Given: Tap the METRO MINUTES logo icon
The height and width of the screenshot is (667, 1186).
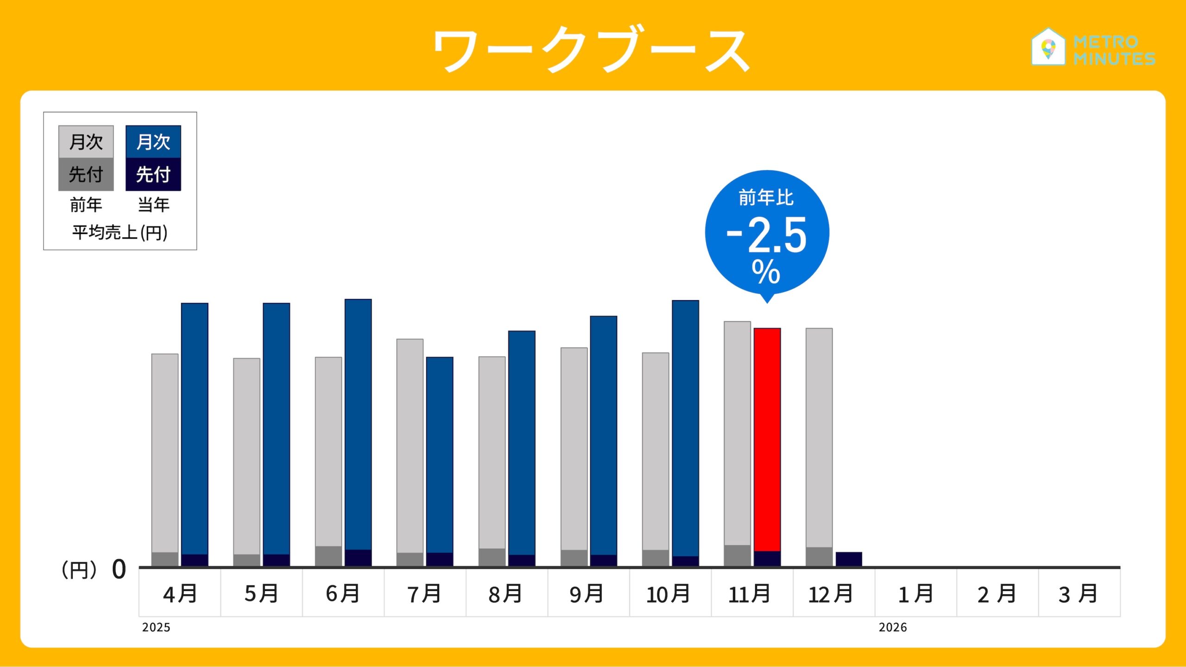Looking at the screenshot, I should coord(1048,47).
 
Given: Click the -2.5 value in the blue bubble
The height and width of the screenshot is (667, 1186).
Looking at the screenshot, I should coord(767,235).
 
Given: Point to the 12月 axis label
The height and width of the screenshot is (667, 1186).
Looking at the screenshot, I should coord(831,594).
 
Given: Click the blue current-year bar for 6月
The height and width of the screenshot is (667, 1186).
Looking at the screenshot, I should coord(358,424).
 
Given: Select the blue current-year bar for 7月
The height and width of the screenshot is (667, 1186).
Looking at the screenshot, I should coord(440,454).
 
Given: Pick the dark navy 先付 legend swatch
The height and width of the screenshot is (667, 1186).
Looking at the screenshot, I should coord(153,175).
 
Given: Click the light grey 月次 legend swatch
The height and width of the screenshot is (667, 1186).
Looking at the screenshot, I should coord(86,142).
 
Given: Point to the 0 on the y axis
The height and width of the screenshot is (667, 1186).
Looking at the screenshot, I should coord(119,569).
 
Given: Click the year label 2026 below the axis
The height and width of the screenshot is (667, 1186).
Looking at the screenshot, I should coord(893,627).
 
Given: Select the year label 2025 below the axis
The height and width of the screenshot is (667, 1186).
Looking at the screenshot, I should coord(156,627).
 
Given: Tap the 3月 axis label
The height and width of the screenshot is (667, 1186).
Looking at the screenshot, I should coord(1079,594).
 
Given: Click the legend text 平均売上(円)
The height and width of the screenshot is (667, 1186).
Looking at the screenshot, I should coord(120,232).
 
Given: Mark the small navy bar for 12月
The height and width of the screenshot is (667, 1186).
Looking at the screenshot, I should coord(849,559).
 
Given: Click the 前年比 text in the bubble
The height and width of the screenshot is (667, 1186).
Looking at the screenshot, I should coord(766,198).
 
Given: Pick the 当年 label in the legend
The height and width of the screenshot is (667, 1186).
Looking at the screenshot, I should coord(154,204).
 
